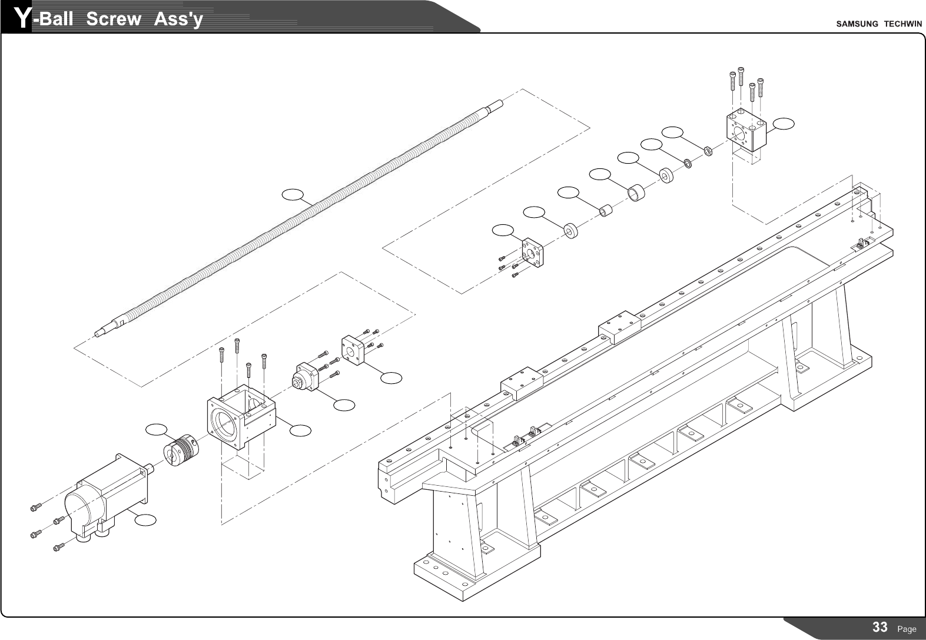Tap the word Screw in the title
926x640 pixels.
[114, 19]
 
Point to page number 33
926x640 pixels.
[879, 627]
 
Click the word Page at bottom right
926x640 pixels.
[907, 629]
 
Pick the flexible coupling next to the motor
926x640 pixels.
[180, 449]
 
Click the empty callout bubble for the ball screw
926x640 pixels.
[293, 194]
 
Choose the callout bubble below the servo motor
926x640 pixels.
[145, 520]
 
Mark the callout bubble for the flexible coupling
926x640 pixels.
[157, 429]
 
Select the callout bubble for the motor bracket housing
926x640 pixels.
[300, 431]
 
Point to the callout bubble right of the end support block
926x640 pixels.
[784, 124]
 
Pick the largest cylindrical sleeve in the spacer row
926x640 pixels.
[636, 193]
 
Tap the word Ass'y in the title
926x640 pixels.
[178, 19]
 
